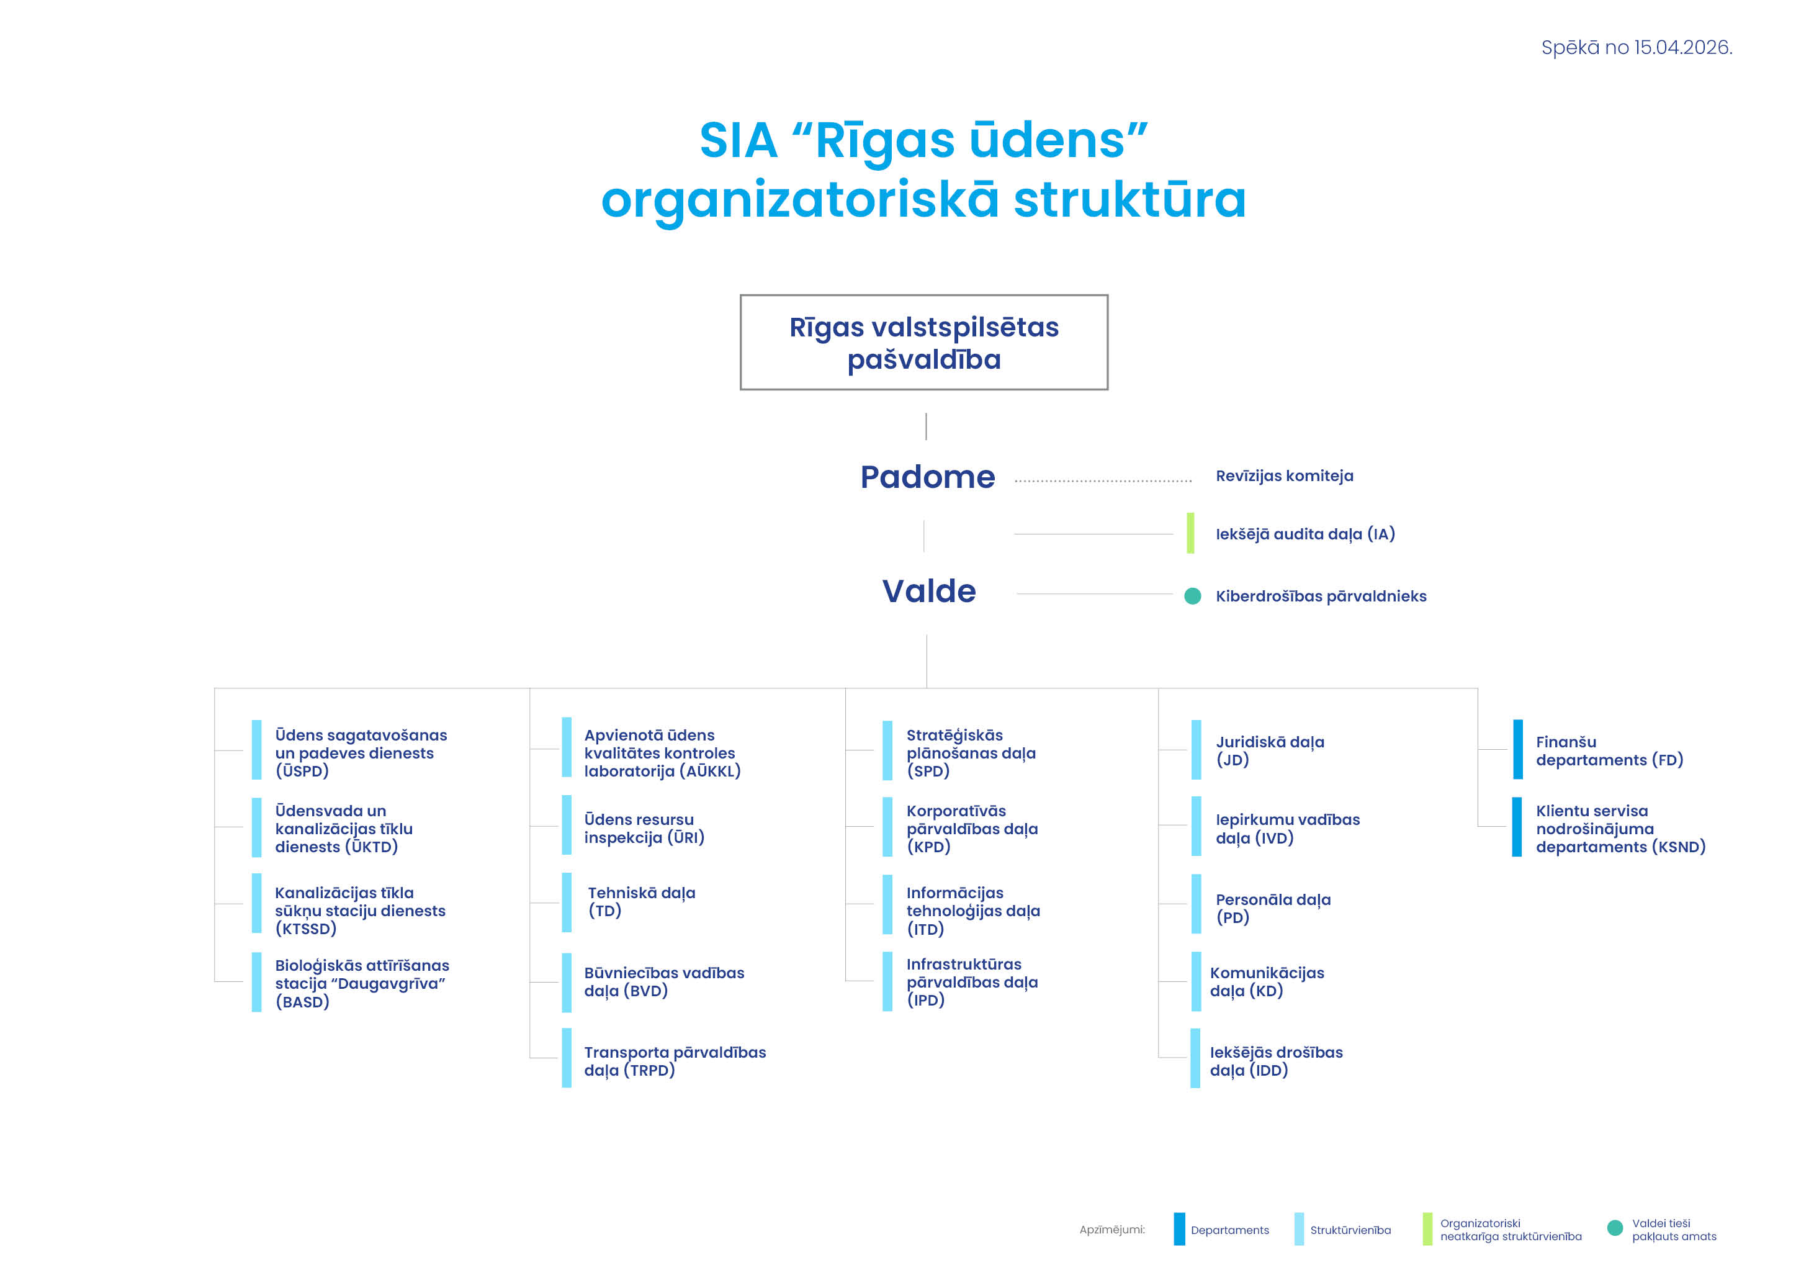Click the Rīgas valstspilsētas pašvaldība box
point(923,343)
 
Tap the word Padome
point(928,477)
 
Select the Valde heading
point(929,592)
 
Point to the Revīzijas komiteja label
point(1284,475)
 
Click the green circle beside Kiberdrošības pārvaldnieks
point(1192,596)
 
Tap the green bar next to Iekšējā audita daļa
point(1190,533)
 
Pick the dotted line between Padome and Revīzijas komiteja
point(1103,480)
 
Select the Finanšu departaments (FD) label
point(1609,750)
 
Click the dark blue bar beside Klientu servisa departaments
point(1516,827)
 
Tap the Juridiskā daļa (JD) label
point(1270,750)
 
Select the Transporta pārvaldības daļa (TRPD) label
point(674,1061)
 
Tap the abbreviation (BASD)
point(302,1002)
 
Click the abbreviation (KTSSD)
point(306,929)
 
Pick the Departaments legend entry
point(1229,1230)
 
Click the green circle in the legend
point(1615,1228)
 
